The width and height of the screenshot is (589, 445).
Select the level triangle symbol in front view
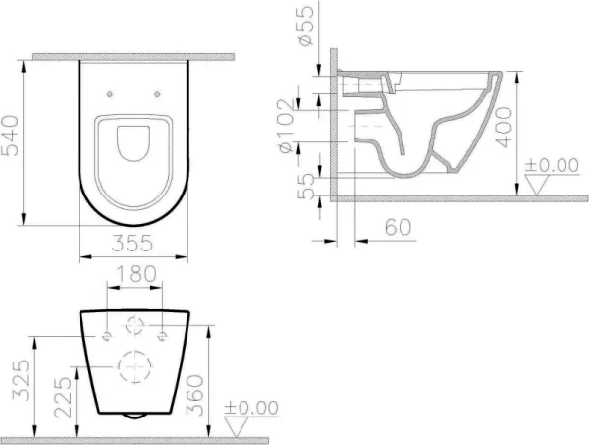pos(239,424)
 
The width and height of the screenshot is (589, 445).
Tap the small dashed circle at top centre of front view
pos(133,326)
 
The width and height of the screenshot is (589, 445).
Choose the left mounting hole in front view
pos(104,336)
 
